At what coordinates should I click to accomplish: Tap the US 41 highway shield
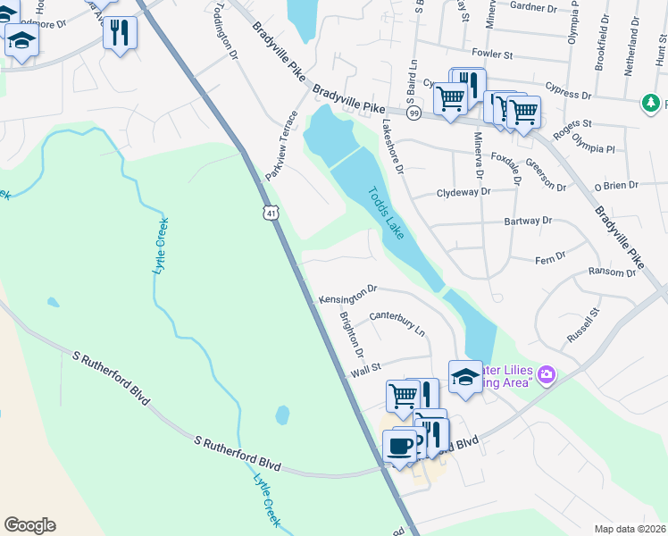271,213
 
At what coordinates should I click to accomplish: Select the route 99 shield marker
413,113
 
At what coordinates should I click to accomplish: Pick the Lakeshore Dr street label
394,146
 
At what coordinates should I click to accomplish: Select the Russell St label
581,328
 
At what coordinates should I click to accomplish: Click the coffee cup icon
399,443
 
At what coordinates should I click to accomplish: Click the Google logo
29,525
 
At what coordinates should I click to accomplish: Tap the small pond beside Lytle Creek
283,415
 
